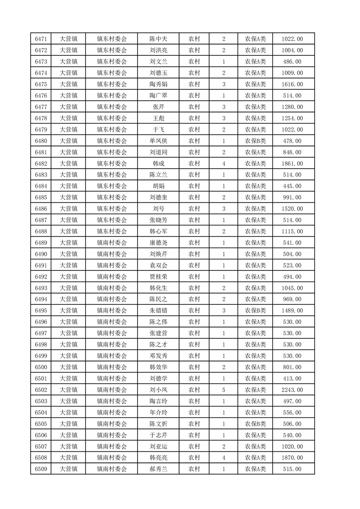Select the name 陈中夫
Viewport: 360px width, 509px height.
(158, 39)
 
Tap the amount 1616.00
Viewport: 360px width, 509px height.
(292, 84)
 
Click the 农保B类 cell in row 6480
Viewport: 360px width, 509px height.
(256, 141)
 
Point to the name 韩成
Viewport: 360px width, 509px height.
(158, 164)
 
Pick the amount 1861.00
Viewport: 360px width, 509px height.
(292, 164)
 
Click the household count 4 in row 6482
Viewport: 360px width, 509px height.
(224, 164)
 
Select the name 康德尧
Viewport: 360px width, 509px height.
(158, 243)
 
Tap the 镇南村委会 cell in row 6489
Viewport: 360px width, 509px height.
(112, 243)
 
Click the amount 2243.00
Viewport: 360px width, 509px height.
(292, 390)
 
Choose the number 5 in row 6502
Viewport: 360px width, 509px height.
(224, 390)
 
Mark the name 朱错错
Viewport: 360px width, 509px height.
(158, 311)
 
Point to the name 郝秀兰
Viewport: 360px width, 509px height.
(158, 469)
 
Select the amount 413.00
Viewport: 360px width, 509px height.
(292, 378)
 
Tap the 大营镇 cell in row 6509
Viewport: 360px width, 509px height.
(69, 469)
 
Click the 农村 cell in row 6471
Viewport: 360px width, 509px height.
(194, 39)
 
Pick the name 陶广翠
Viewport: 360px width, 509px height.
(158, 96)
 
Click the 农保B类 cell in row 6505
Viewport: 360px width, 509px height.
(256, 424)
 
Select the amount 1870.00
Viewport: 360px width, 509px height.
(292, 458)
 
